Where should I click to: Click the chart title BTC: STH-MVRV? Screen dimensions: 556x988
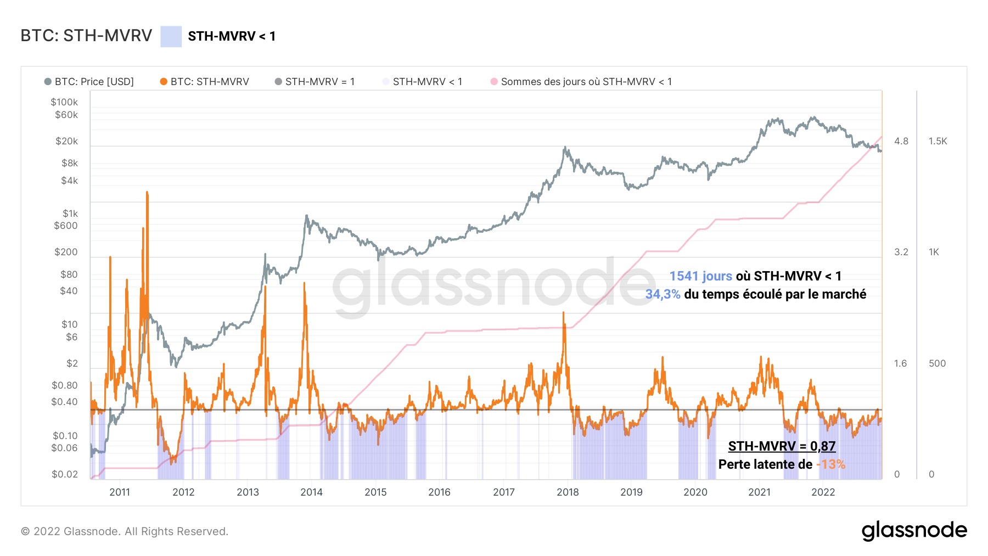86,36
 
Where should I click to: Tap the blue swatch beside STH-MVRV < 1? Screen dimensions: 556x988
171,36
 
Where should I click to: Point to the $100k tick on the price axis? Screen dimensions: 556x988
64,102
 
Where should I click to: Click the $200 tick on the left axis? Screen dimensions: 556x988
66,252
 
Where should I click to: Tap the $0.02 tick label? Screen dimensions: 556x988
65,474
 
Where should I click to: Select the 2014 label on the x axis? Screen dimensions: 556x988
311,492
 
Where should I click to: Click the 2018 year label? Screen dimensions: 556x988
568,492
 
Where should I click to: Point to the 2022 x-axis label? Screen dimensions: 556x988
823,492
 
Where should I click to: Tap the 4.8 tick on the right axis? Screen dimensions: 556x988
901,141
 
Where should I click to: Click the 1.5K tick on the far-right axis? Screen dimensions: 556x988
938,141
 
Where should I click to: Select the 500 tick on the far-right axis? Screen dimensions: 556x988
937,363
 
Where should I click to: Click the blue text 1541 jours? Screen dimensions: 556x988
700,276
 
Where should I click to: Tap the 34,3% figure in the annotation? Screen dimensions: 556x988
663,294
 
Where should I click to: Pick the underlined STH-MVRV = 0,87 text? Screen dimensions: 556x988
782,446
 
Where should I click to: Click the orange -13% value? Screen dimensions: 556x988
830,464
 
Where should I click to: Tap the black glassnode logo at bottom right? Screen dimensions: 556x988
914,531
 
